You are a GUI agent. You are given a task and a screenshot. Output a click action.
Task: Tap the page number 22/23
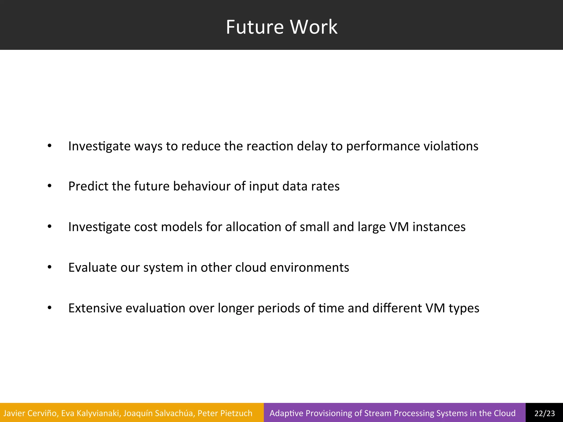point(545,413)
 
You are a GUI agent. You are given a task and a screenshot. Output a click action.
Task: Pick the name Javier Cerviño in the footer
point(30,413)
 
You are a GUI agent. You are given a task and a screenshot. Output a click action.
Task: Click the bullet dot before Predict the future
point(49,186)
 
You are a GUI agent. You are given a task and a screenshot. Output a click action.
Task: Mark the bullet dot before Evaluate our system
point(49,267)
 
